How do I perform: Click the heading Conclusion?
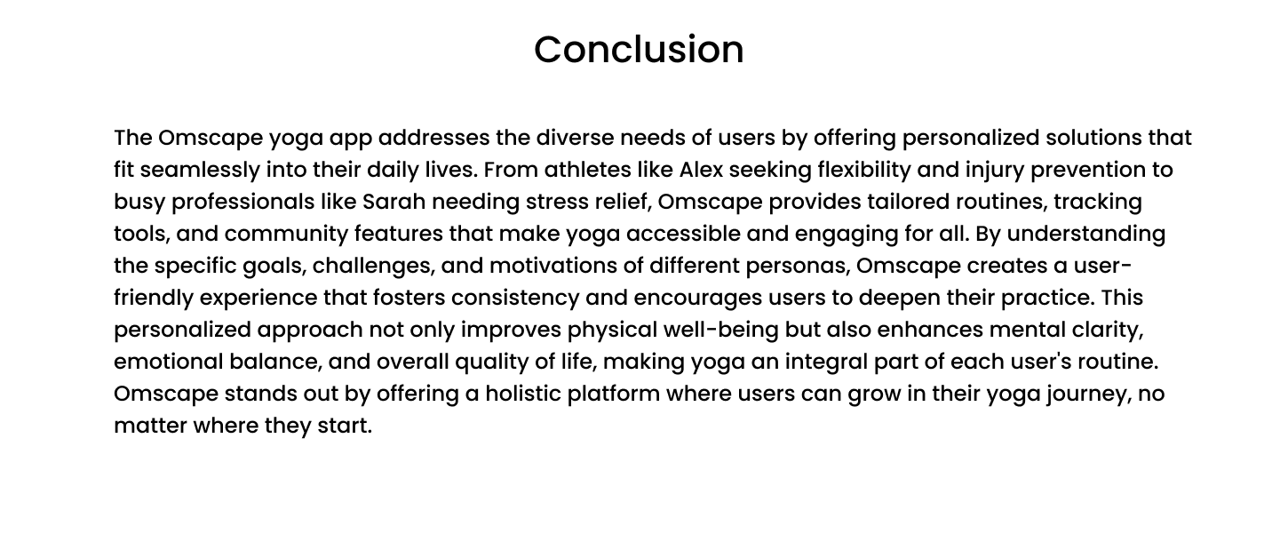(639, 50)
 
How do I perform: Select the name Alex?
(702, 170)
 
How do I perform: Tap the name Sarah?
(394, 202)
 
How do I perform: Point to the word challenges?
(374, 266)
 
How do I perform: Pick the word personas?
(798, 267)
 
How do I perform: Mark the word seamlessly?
(200, 171)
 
